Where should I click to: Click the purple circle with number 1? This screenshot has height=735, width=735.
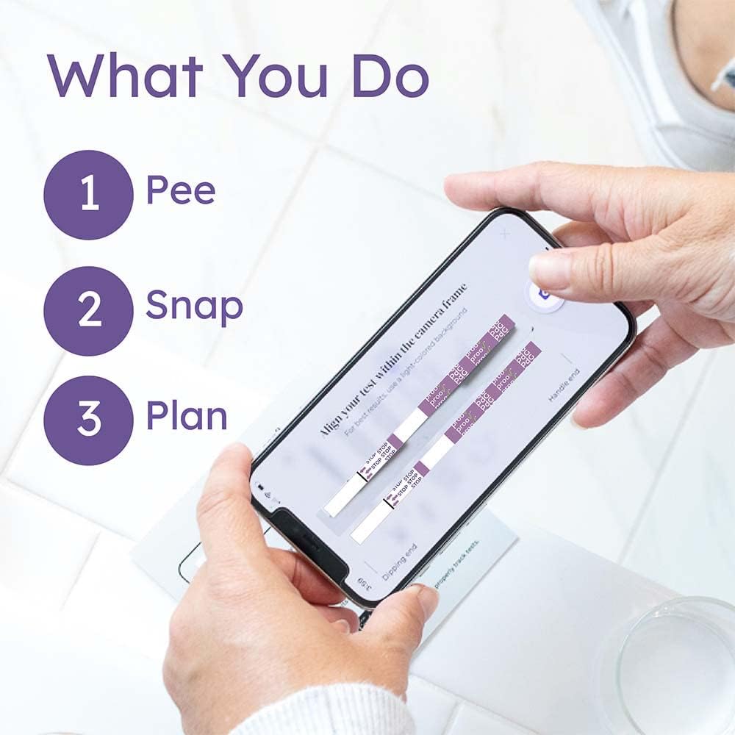coord(88,195)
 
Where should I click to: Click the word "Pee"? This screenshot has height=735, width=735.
coord(181,191)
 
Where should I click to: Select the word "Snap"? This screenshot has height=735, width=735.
coord(194,307)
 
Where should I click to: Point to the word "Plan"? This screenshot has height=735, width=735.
coord(187,417)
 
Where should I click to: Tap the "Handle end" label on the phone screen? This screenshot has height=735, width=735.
coord(564,384)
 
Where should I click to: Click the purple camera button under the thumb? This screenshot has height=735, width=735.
coord(545,294)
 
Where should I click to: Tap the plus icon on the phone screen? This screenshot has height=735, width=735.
coord(505,234)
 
